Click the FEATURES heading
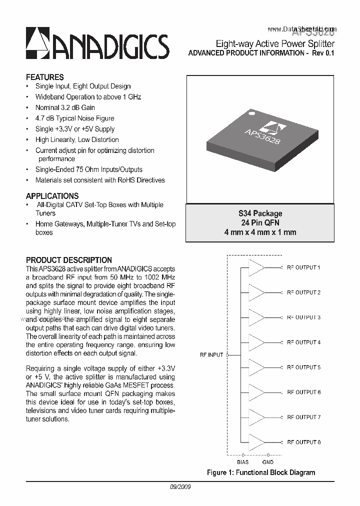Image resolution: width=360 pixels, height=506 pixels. pos(44,77)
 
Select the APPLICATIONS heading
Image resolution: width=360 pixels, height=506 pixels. pos(52,196)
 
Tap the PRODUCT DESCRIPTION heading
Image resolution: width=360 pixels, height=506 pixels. pos(68,260)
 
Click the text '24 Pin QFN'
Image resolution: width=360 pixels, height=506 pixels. pos(260,223)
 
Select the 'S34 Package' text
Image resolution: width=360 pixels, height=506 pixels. pos(260,213)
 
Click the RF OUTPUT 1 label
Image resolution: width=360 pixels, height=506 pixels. pos(303,267)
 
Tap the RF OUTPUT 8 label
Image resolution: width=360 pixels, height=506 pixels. pos(303,442)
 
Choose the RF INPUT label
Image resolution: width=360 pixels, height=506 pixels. pos(211,355)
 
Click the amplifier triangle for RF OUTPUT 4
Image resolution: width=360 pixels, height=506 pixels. pos(257,342)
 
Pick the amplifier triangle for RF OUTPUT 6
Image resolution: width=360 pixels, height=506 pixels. pos(257,392)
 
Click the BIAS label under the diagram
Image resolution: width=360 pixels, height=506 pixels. pos(242,462)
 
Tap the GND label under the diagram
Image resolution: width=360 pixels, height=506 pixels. pos(267,462)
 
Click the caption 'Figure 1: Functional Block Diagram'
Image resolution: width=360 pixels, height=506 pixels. pos(261,472)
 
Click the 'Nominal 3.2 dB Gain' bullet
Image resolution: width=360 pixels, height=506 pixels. pos(65,107)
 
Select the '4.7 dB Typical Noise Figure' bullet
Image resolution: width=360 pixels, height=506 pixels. pos(74,118)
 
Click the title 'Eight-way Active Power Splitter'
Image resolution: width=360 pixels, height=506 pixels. pos(274,44)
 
